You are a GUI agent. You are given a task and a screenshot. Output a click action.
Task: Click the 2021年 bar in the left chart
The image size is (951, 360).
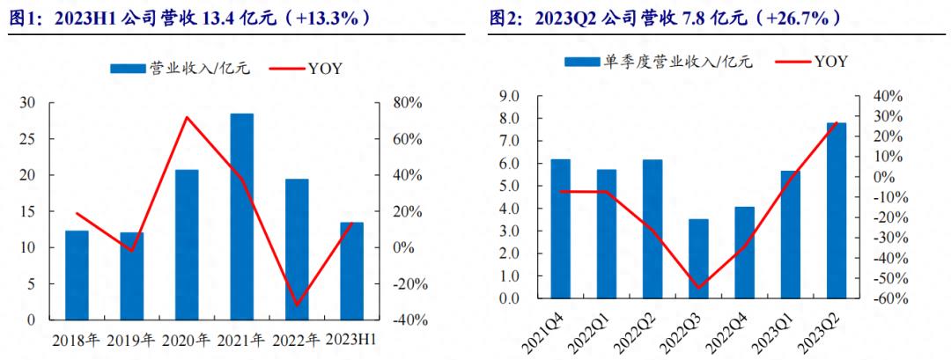(x=241, y=217)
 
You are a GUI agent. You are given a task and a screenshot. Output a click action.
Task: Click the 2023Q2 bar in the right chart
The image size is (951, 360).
(x=836, y=210)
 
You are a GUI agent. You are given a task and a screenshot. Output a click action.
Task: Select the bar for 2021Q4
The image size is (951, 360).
(x=560, y=229)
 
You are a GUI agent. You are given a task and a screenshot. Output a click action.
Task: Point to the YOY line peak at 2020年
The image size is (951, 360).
(x=187, y=117)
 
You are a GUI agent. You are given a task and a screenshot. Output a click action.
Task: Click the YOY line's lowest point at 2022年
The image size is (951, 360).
(x=297, y=305)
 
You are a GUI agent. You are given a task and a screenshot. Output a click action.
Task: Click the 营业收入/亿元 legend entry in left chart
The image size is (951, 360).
(x=181, y=69)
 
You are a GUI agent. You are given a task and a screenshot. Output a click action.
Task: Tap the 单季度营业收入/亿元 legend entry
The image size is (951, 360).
(x=660, y=62)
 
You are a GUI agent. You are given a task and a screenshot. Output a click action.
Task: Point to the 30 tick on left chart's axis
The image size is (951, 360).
(x=28, y=103)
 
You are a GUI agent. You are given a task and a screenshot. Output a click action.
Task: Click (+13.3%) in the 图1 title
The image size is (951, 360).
(x=329, y=18)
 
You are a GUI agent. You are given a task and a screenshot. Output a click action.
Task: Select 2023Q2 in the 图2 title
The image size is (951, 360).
(x=564, y=18)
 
